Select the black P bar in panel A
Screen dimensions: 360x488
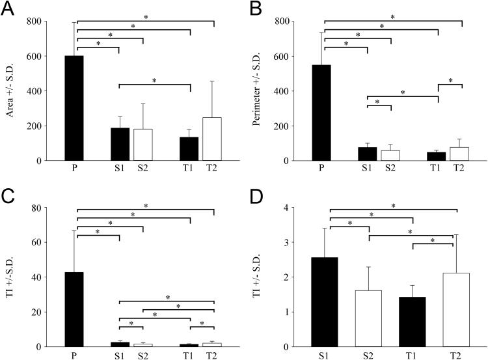point(74,108)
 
